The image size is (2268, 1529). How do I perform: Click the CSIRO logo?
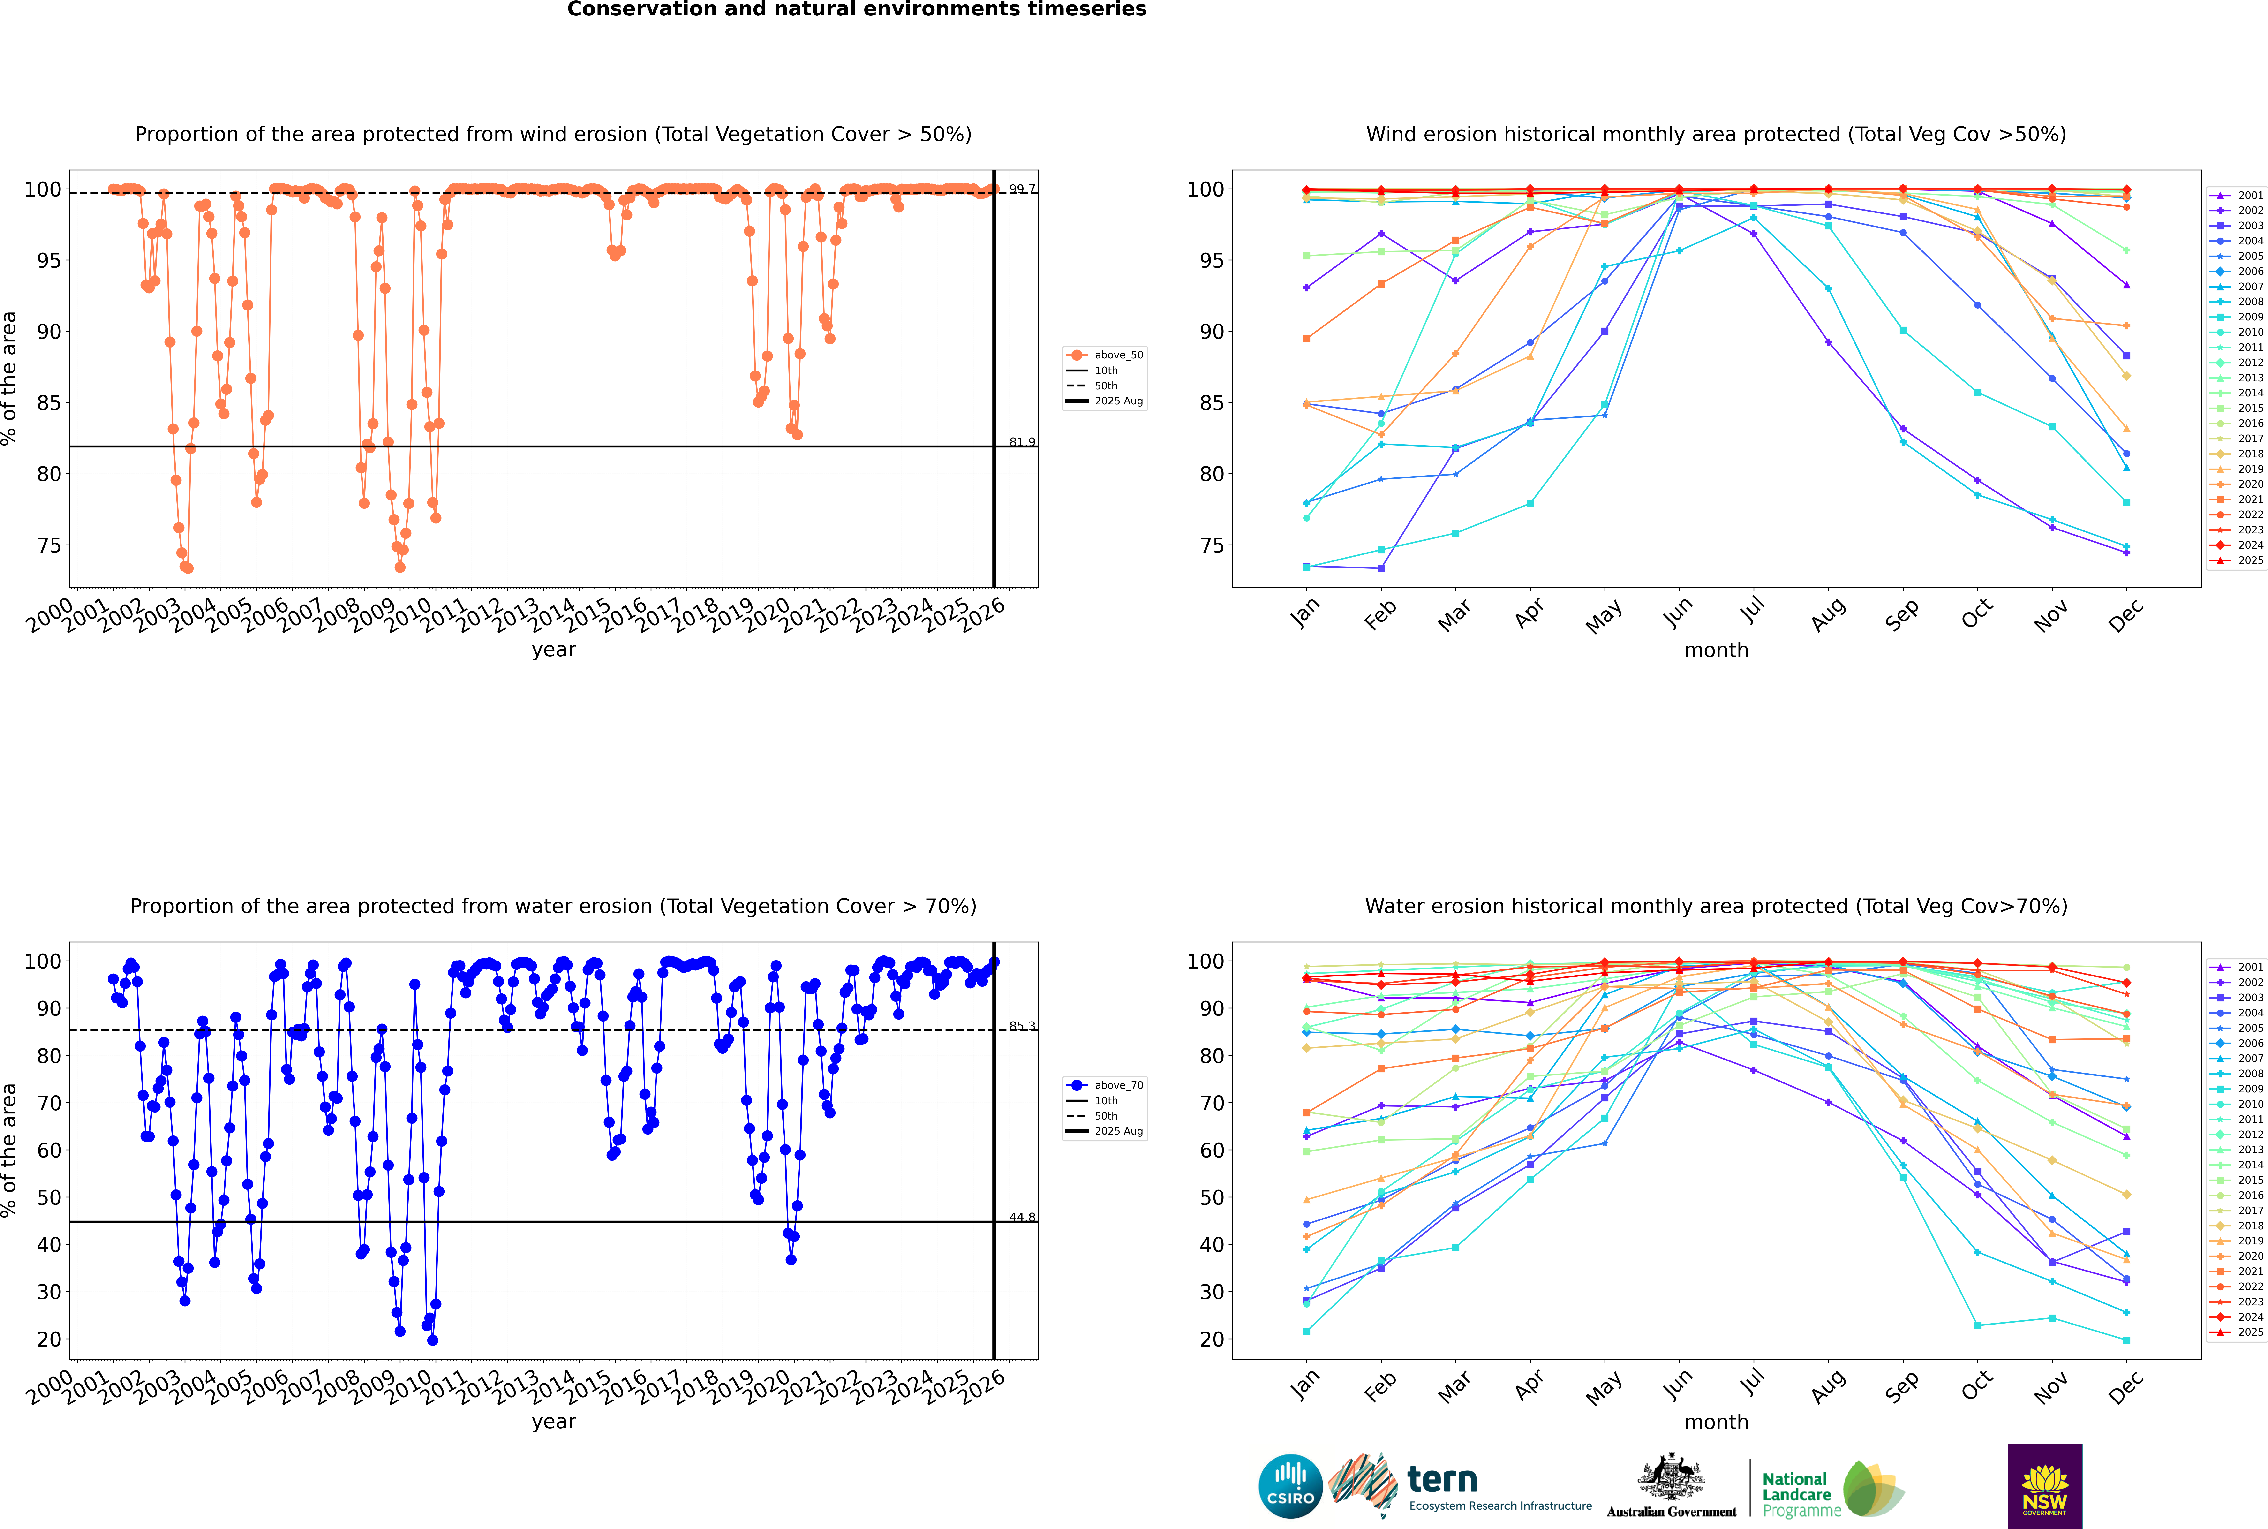tap(1290, 1486)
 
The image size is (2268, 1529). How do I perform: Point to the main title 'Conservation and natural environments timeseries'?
tap(856, 10)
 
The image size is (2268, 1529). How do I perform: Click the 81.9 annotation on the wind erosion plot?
tap(1022, 442)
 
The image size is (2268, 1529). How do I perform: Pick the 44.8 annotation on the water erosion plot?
tap(1022, 1217)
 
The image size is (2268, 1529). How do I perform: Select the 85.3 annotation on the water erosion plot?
tap(1022, 1026)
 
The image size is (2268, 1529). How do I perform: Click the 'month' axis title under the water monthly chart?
tap(1716, 1422)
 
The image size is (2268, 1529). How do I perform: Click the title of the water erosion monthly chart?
tap(1716, 906)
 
